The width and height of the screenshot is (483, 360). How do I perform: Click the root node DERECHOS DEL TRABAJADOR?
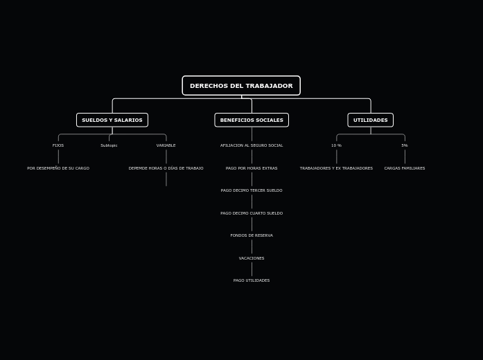241,86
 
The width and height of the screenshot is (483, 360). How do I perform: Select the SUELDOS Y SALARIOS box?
112,120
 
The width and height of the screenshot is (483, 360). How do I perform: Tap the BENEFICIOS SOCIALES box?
252,120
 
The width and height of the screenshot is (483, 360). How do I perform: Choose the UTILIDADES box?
371,120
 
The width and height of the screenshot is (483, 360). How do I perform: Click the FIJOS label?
58,145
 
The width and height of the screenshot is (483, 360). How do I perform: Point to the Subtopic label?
109,145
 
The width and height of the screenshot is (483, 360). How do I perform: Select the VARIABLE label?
166,145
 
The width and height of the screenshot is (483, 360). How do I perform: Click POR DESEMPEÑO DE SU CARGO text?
58,168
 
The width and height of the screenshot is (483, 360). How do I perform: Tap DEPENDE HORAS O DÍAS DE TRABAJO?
166,168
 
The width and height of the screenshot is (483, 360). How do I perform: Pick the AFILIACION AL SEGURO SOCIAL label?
252,145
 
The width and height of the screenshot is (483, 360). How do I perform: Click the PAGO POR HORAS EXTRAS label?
252,168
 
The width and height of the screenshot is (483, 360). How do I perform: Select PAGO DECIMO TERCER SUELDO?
252,190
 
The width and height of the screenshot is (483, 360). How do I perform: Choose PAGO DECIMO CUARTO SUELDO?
252,213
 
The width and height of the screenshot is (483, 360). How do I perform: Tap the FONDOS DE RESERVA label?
252,235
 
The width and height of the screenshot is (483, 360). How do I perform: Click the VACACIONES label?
252,258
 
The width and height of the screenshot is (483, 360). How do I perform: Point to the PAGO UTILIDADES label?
252,280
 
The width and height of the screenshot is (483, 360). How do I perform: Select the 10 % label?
336,145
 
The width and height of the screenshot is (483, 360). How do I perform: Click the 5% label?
405,145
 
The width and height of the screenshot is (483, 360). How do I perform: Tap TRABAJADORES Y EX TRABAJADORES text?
336,168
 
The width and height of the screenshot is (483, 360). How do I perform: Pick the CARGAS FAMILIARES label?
405,168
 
